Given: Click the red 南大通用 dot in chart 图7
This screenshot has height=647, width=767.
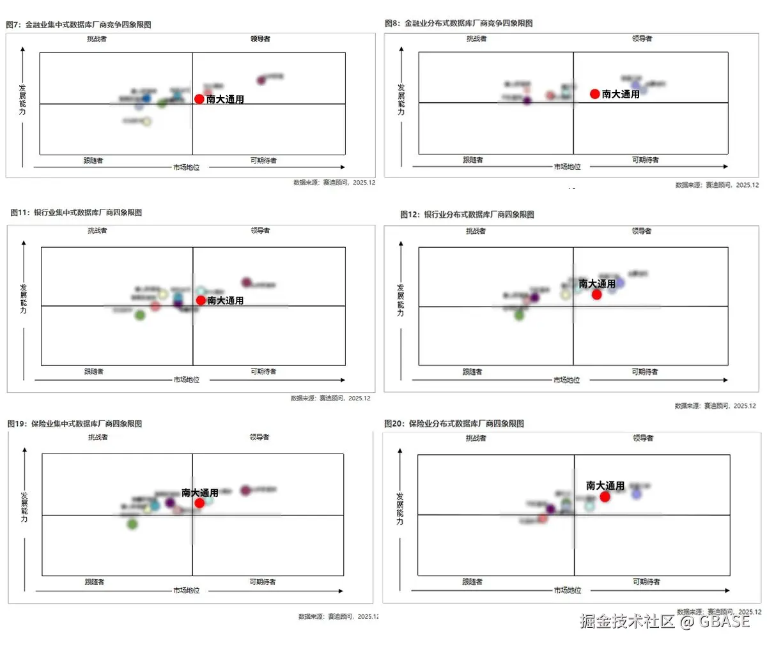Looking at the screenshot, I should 199,99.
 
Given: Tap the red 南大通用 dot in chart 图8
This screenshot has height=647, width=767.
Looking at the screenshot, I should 595,94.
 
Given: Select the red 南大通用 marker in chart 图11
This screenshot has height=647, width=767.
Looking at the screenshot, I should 201,300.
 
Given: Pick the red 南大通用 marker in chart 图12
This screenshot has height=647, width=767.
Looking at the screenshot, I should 596,294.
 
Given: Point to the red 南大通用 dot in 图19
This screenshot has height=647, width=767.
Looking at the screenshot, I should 199,503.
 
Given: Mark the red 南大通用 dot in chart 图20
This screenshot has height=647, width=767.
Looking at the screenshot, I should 605,496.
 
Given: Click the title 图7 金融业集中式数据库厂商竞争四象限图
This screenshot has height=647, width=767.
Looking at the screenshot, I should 79,25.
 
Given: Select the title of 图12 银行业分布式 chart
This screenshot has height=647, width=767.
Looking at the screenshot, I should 467,215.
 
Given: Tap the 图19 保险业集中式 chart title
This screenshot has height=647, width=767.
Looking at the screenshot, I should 75,423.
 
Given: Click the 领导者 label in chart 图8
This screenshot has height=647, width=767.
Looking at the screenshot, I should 642,39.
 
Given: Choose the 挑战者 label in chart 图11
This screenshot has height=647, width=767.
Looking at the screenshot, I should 97,231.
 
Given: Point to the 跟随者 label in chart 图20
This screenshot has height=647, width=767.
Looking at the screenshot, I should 472,582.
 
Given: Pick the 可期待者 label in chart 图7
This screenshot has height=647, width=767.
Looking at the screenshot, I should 263,161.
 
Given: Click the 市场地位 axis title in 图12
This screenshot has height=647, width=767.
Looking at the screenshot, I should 567,380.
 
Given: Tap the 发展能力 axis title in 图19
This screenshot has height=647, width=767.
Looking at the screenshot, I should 24,507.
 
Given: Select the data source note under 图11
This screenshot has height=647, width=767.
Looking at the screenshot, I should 330,399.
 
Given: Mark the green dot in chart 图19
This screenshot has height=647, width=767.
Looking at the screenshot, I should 132,524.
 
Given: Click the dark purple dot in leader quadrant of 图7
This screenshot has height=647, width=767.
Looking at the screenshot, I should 261,80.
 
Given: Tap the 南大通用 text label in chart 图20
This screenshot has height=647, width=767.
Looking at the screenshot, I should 605,485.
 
